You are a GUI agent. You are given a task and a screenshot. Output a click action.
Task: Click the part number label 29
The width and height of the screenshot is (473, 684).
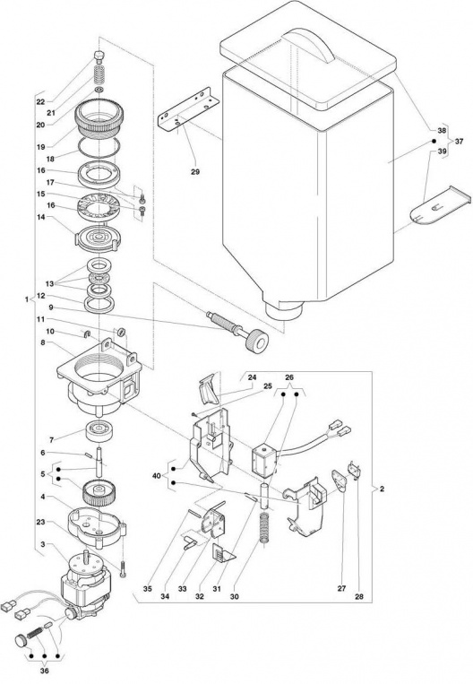tap(195, 172)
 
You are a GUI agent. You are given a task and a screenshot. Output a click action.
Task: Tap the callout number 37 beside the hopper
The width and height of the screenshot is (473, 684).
tap(459, 142)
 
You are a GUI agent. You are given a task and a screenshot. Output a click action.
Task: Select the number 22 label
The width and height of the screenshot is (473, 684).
tap(40, 102)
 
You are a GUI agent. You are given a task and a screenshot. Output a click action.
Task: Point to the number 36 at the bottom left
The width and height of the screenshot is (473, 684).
tap(44, 671)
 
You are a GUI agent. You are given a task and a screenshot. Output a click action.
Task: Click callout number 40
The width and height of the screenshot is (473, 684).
tap(157, 476)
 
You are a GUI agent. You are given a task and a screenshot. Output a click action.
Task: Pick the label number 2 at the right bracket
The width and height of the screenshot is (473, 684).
tap(382, 489)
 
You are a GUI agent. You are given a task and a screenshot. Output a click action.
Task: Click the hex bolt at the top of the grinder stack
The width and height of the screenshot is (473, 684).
tap(99, 56)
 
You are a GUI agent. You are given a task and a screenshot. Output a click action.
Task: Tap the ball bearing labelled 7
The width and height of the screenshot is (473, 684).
tap(100, 430)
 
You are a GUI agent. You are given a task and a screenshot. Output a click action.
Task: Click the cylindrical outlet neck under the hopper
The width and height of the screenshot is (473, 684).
tap(283, 310)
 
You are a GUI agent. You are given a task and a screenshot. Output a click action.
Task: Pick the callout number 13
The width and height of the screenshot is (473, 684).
tap(49, 283)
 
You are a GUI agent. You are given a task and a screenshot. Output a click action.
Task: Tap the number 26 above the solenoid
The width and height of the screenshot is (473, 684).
tap(290, 377)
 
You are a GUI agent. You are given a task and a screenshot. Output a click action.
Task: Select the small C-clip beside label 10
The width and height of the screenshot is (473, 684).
tap(86, 334)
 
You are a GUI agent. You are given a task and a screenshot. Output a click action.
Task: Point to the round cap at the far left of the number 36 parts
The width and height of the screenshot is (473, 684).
tap(21, 640)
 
